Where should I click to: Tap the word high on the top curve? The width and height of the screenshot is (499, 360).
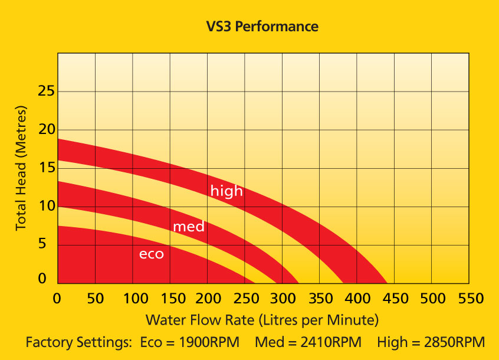pos(226,191)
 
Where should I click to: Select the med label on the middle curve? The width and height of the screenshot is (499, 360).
pos(188,227)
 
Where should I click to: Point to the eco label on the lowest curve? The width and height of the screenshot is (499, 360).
pos(151,254)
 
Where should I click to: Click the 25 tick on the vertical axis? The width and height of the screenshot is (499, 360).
pos(46,92)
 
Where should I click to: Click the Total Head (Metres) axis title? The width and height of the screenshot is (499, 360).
pos(21,168)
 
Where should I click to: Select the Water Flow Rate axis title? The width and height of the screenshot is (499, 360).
pos(261,320)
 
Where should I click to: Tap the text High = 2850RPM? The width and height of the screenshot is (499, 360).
pos(430,342)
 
